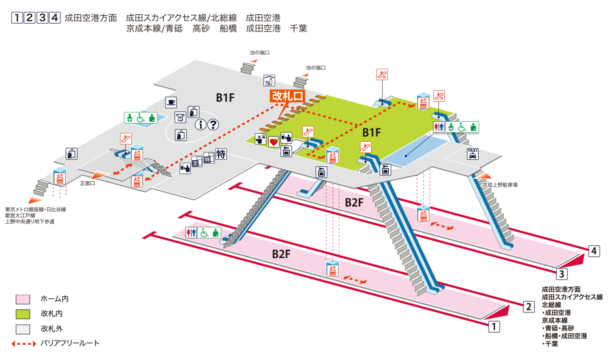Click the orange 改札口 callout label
point(287,96)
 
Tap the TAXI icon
point(472,154)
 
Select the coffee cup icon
point(171,102)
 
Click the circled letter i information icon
point(200,125)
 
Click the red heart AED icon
point(274,142)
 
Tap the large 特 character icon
point(221,155)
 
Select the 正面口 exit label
point(88,183)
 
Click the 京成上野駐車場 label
point(500,185)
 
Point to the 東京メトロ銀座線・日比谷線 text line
point(36,209)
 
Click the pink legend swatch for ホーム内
point(23,299)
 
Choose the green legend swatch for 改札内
point(23,314)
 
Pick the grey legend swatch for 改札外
point(23,329)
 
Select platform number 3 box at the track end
point(561,274)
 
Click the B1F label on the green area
point(372,132)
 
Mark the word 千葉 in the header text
point(298,29)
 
